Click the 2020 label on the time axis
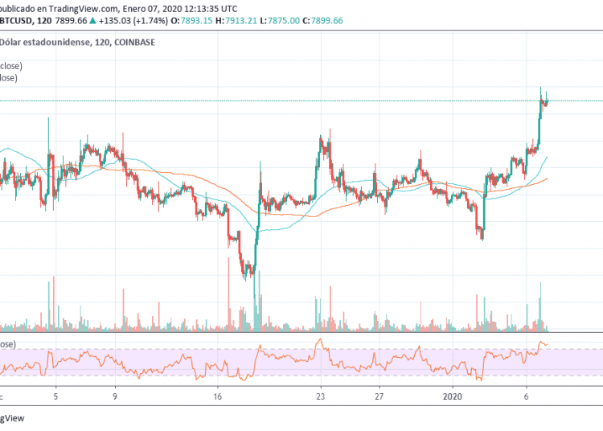453,396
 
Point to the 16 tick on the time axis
219,396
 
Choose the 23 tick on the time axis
321,396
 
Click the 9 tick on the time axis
115,396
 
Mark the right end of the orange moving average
548,178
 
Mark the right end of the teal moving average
548,157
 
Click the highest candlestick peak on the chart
540,88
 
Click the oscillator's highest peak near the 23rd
319,340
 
